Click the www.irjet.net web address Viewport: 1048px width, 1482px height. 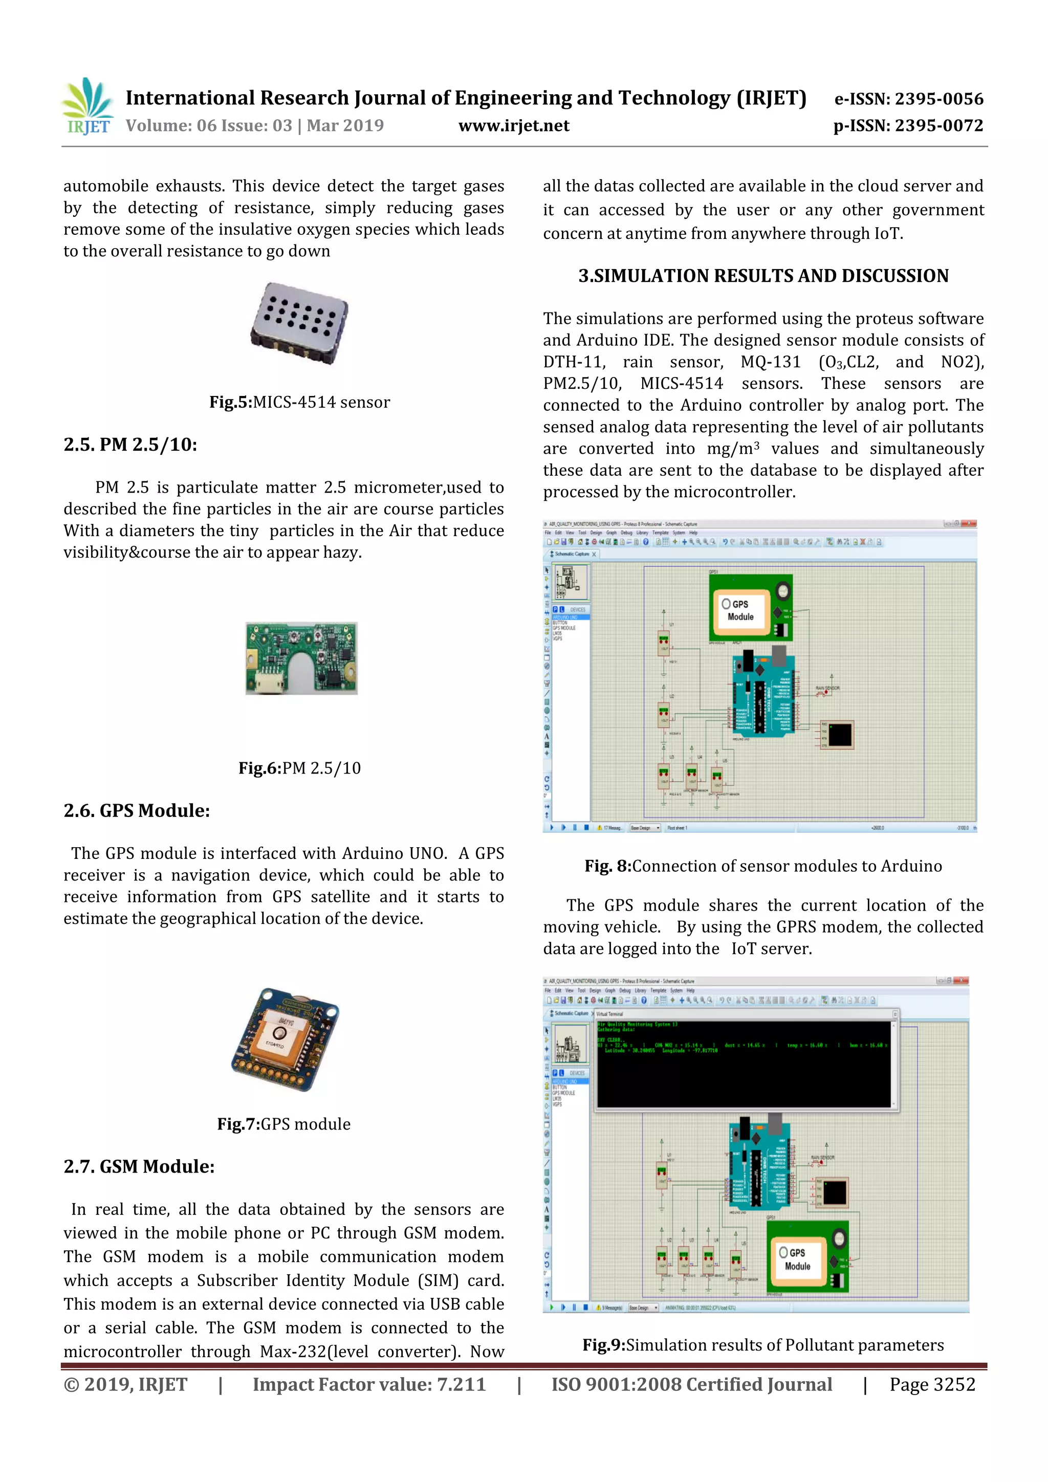coord(513,126)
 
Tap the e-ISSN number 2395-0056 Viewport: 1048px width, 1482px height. coord(908,99)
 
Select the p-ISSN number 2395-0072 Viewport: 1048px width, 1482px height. coord(908,126)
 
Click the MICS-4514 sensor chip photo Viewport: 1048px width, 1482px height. coord(299,323)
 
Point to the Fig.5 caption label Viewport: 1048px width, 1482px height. coord(299,402)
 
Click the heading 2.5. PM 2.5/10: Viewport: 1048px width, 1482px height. coord(130,445)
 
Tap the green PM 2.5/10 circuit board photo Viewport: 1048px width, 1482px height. coord(301,658)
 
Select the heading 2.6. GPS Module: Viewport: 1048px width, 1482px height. coord(137,811)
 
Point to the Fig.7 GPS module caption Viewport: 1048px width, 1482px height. coord(283,1124)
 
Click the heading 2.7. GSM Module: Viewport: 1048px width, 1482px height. coord(139,1166)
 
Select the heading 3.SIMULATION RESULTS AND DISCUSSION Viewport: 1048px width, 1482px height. coord(763,276)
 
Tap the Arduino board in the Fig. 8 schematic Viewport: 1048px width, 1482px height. coord(763,696)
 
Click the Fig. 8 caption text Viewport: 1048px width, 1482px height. coord(763,866)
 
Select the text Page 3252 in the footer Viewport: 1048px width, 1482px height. coord(932,1384)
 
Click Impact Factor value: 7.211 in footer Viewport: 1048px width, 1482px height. coord(369,1384)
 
